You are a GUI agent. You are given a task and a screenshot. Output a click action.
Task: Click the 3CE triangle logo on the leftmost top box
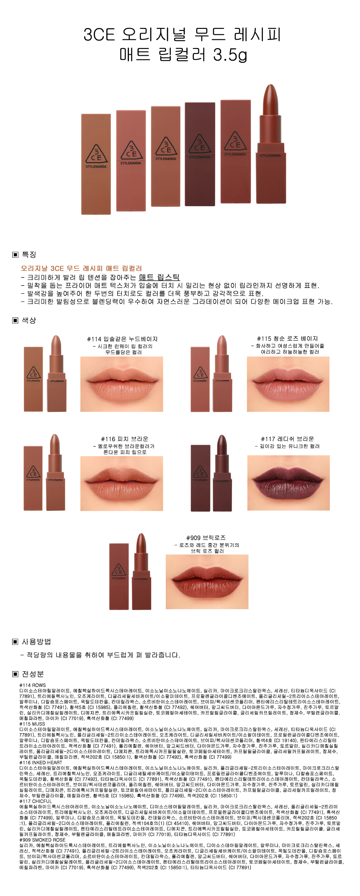(96, 154)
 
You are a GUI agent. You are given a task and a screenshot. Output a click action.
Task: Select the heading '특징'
(29, 255)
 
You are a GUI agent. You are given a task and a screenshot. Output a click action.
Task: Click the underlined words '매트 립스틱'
(159, 277)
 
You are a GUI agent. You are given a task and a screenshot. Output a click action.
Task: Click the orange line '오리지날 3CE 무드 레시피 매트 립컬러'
(81, 268)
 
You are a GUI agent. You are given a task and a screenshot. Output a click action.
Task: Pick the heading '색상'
(29, 320)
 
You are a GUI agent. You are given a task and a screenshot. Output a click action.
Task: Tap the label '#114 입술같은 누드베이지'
(122, 339)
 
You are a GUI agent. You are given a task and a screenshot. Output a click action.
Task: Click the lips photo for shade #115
(288, 384)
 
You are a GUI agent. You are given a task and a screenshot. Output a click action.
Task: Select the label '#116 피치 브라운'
(124, 439)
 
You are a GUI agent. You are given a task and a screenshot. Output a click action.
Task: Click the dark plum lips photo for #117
(288, 483)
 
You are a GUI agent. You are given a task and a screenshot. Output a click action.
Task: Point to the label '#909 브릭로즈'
(206, 538)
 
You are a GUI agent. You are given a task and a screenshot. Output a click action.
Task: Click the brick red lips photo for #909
(207, 582)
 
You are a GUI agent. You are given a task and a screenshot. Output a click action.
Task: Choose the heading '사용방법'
(36, 642)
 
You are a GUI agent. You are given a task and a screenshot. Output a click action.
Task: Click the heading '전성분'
(33, 674)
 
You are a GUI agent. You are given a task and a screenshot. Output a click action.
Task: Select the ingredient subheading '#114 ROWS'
(33, 685)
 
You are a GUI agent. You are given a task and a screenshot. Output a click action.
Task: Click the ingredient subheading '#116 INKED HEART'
(41, 762)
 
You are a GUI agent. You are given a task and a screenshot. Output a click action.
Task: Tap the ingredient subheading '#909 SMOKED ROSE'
(42, 840)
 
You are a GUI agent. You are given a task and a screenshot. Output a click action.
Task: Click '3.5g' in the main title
(230, 54)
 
